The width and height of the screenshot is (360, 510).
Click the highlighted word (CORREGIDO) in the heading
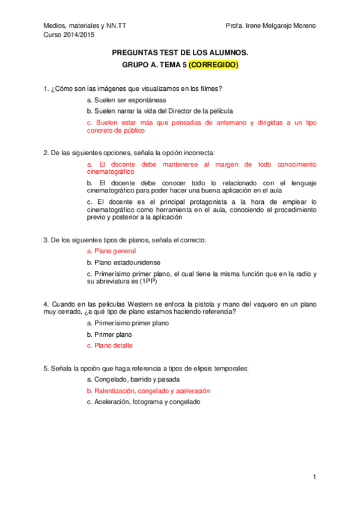coord(213,66)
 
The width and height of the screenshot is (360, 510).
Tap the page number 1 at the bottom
coord(314,477)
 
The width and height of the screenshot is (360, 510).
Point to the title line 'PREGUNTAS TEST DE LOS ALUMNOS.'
coord(180,53)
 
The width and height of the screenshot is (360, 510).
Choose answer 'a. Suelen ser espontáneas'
coord(126,100)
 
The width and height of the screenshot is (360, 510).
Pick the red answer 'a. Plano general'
coord(111,251)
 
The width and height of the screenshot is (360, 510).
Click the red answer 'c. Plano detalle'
coord(110,346)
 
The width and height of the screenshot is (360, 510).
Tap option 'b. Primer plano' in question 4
coord(109,334)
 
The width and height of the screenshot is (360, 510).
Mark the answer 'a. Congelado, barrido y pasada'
coord(133,379)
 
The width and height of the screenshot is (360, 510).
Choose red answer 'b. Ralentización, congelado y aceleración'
coord(148,391)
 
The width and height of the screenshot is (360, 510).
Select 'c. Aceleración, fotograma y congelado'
coord(143,402)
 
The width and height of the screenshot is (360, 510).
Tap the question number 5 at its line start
coord(46,368)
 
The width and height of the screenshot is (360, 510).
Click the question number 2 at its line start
coord(46,153)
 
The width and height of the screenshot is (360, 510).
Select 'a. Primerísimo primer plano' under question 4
coord(128,323)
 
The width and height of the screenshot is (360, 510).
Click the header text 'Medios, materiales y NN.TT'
coord(85,26)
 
